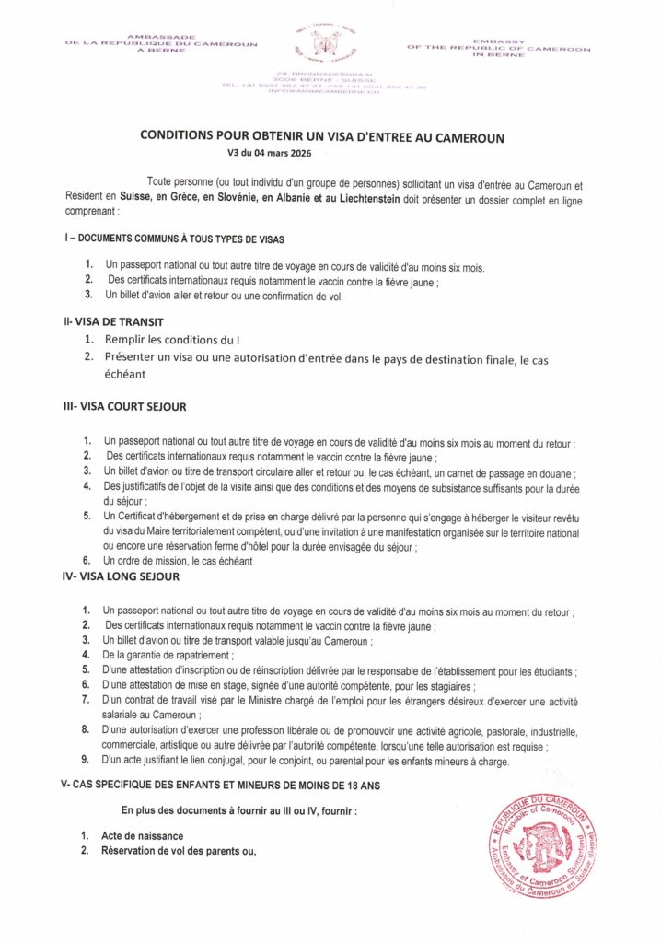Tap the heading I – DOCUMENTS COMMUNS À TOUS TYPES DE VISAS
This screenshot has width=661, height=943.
[x=174, y=239]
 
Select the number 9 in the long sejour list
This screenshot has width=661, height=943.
[x=85, y=761]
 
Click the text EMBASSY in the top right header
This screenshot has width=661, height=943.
[x=499, y=40]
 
